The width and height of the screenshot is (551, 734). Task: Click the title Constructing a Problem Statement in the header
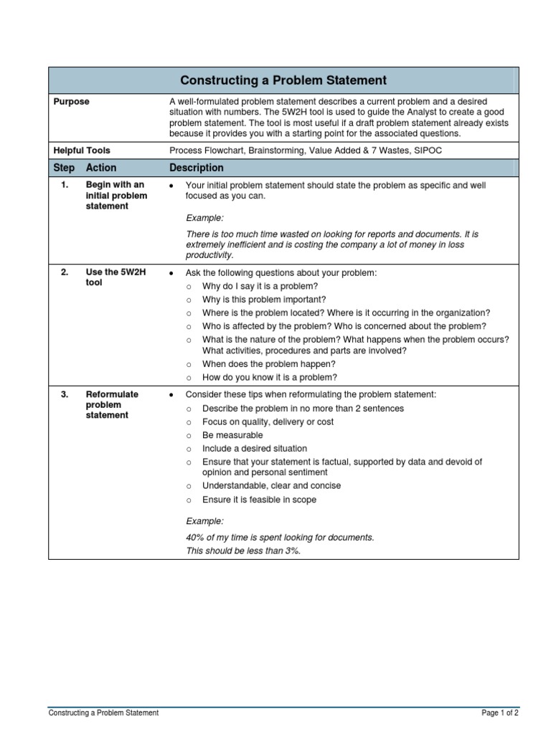coord(283,80)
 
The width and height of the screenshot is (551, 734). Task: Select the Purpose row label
coord(72,102)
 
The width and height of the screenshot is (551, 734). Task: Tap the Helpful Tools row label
coord(82,151)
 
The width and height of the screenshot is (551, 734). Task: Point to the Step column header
coord(64,168)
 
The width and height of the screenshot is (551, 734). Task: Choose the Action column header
coord(100,168)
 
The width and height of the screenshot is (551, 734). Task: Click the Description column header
coord(196,168)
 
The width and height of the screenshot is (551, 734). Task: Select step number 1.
coord(65,185)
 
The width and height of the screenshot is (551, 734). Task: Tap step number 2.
coord(65,272)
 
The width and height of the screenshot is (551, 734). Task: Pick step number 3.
coord(65,394)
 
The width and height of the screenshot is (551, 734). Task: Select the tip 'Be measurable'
coord(232,435)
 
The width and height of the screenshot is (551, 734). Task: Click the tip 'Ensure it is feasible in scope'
coord(259,500)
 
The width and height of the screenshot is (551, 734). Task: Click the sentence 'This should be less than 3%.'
coord(242,550)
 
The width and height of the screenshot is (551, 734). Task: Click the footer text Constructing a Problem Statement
coord(103,713)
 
